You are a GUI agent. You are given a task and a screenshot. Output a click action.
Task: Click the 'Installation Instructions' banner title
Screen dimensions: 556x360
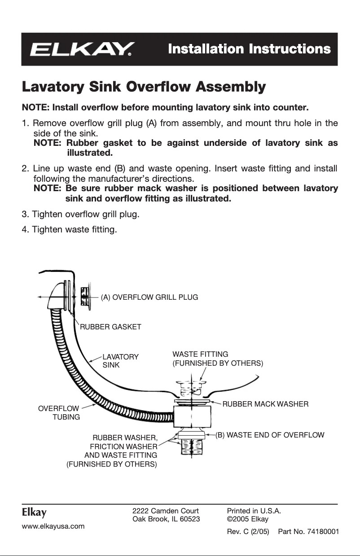[x=249, y=49]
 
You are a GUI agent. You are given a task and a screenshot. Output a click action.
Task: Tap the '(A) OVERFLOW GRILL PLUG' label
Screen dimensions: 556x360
[x=149, y=297]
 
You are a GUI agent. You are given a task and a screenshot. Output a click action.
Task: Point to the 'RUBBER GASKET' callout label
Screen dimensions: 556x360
[x=110, y=327]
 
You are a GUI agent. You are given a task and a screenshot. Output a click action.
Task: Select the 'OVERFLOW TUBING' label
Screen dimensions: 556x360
[x=59, y=412]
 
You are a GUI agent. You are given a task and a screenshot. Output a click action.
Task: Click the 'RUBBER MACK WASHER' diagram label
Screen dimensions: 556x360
[x=265, y=404]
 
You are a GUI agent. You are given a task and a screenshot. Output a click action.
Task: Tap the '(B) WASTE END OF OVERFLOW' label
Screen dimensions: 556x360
[x=270, y=435]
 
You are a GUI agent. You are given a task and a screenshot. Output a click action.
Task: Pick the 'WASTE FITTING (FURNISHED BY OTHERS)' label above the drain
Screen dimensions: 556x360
[x=217, y=359]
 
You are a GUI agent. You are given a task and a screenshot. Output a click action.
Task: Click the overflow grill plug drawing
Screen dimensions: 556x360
[x=85, y=297]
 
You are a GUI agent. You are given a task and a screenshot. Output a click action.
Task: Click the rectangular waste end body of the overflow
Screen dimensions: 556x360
[x=192, y=417]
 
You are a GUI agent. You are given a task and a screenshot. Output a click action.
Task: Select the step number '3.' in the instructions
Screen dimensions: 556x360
[x=26, y=214]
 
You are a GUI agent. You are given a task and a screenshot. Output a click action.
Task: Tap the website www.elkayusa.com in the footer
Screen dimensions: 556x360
[x=53, y=526]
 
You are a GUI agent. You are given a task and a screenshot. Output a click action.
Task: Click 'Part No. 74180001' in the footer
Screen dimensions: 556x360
[x=308, y=532]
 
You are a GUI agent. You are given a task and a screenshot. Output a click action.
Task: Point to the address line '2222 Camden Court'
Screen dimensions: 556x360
[x=166, y=511]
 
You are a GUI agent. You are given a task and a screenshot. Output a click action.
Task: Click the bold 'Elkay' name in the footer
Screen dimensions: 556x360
[x=34, y=512]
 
